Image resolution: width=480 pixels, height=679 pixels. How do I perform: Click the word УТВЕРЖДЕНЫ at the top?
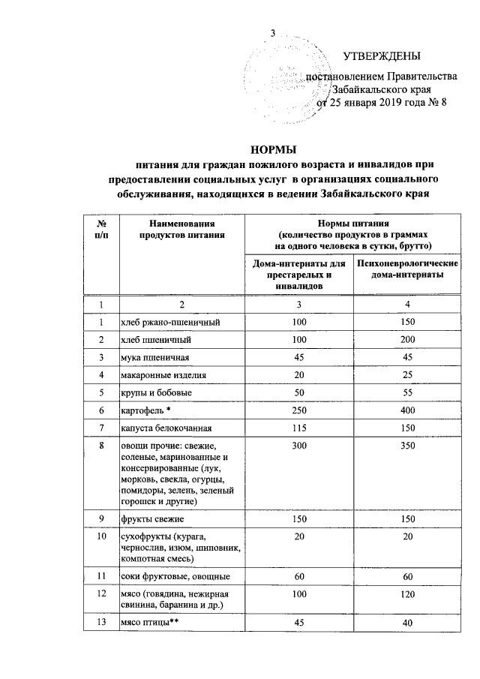point(382,56)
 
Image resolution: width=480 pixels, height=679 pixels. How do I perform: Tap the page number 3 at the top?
point(273,33)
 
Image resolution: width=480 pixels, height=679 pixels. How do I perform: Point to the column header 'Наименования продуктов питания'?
point(181,229)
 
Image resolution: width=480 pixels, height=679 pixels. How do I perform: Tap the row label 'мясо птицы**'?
point(147,622)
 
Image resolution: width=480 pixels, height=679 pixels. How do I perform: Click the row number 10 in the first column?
point(100,537)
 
